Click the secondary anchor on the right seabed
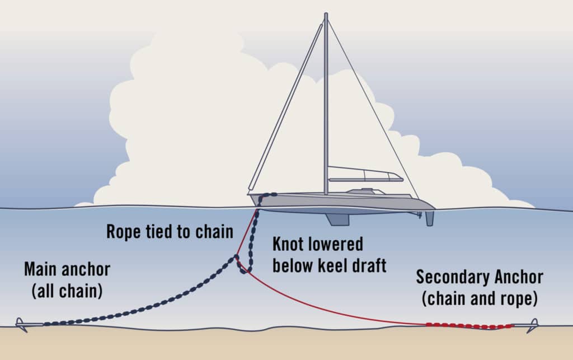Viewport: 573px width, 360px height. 528,324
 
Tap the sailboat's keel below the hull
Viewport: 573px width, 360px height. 337,219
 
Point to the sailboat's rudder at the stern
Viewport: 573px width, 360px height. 429,217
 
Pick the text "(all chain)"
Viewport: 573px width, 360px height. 67,291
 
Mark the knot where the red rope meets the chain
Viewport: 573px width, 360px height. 237,259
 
